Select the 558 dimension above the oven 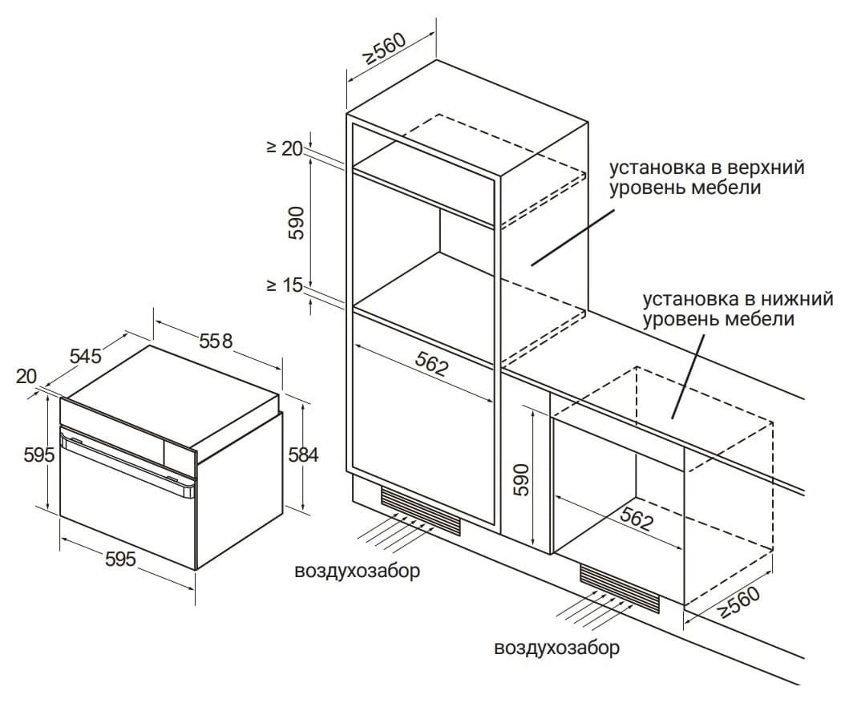point(215,341)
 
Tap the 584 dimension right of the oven point(302,455)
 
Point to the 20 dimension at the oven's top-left point(26,376)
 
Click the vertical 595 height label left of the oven point(39,455)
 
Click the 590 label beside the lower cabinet point(521,479)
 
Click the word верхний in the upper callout point(766,168)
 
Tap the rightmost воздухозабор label point(557,648)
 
